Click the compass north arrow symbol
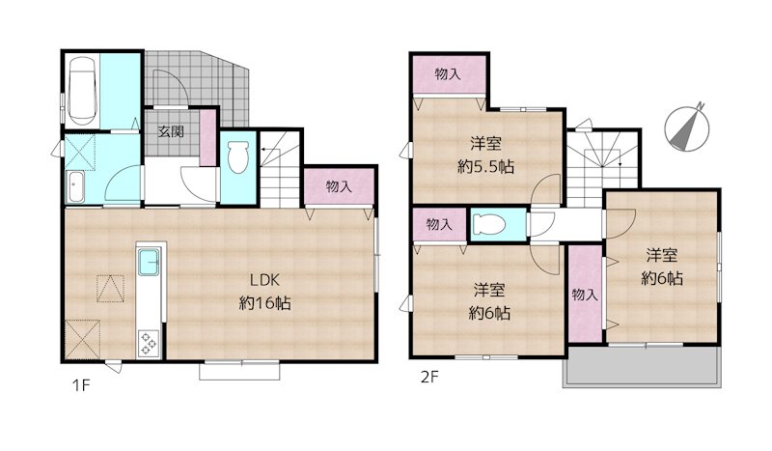tap(686, 127)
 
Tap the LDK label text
tap(265, 281)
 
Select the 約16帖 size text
tap(265, 302)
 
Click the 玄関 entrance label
tap(171, 132)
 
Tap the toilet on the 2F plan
tap(488, 224)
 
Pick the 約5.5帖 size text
tap(485, 165)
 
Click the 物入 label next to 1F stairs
tap(338, 186)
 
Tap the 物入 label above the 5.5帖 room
tap(447, 73)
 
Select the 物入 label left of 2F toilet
tap(438, 224)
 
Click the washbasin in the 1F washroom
tap(75, 186)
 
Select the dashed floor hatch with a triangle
tap(111, 289)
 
